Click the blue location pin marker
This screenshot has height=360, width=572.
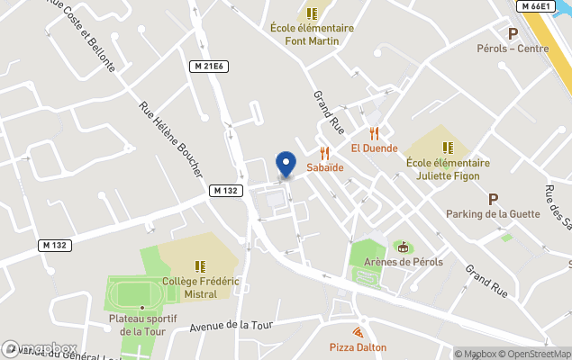(x=286, y=165)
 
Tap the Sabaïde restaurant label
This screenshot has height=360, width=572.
(x=325, y=167)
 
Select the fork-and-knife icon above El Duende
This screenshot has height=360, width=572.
(x=374, y=132)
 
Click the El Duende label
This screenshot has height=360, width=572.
(x=374, y=148)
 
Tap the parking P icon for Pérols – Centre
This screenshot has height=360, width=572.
(x=513, y=33)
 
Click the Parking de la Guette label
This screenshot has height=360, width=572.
(x=493, y=213)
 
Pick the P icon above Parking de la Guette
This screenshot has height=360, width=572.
(x=493, y=198)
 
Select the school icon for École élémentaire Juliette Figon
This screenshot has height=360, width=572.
(x=448, y=148)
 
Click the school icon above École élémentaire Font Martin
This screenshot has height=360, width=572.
(x=312, y=13)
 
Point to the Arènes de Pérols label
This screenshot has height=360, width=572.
(x=404, y=262)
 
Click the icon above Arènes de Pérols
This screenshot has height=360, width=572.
(x=403, y=247)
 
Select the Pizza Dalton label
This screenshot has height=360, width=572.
(x=358, y=347)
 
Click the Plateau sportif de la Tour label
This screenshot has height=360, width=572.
(x=141, y=325)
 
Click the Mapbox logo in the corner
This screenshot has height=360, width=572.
(x=40, y=348)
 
